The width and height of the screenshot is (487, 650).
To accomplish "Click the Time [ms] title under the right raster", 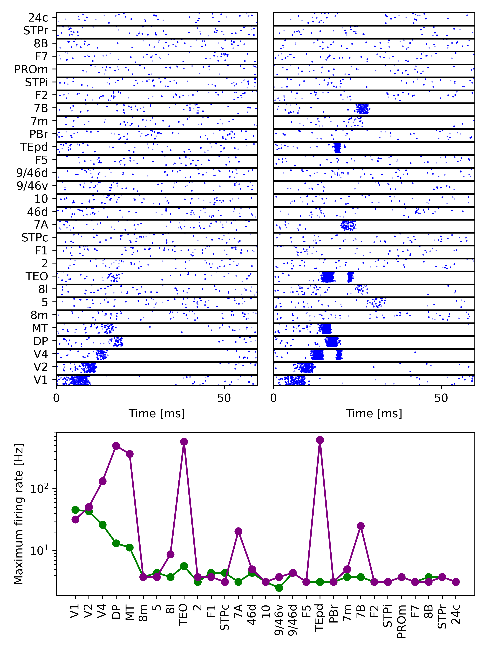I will pyautogui.click(x=374, y=413).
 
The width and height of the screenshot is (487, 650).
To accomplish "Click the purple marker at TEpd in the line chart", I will pyautogui.click(x=320, y=440).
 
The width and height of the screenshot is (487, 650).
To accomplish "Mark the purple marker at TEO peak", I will pyautogui.click(x=184, y=442).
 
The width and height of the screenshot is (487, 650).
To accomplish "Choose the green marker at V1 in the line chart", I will pyautogui.click(x=75, y=510).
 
